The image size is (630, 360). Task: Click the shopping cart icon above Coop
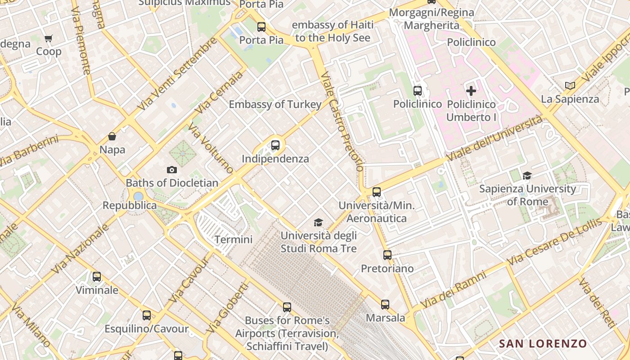(x=49, y=38)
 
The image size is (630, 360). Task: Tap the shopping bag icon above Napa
(x=112, y=136)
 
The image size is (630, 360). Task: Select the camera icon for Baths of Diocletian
(x=171, y=170)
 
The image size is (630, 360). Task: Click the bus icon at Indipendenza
(x=275, y=145)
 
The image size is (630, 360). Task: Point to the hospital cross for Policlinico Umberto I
(x=471, y=91)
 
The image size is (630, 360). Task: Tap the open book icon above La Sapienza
(x=570, y=85)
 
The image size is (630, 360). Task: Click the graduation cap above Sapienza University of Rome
(x=527, y=175)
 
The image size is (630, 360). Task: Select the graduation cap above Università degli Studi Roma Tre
(x=318, y=222)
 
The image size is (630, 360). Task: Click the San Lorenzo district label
(x=543, y=344)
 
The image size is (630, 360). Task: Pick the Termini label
(x=233, y=239)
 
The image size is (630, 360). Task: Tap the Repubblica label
(x=130, y=206)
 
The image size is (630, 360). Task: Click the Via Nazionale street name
(x=81, y=249)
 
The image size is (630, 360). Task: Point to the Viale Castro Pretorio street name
(x=342, y=121)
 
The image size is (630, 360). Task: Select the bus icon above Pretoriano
(x=387, y=255)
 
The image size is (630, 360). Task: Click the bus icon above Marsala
(x=385, y=305)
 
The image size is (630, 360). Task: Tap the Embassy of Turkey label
(x=275, y=104)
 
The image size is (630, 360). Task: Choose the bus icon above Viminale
(x=96, y=277)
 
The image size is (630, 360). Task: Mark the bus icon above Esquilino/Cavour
(x=146, y=315)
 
